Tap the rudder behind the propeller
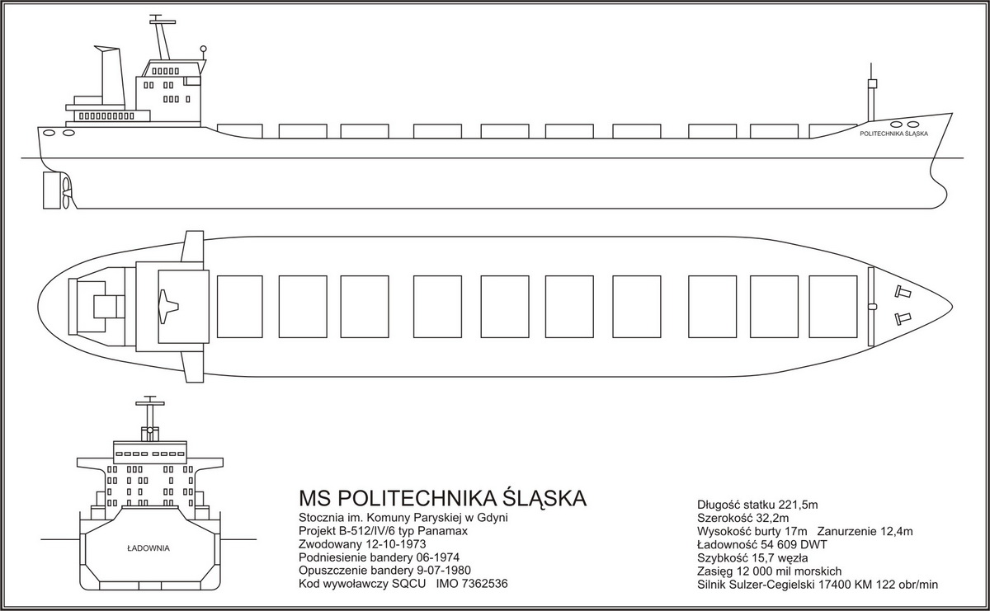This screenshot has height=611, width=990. click(52, 190)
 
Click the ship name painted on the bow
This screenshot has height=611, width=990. click(893, 134)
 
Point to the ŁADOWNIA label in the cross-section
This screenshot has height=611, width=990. click(148, 548)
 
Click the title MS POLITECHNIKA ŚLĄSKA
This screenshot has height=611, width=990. click(443, 498)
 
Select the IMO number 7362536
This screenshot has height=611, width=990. click(472, 584)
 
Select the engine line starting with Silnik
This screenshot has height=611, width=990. click(818, 585)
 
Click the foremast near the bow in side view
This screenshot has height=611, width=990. click(871, 98)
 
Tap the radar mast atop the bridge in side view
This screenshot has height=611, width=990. click(162, 38)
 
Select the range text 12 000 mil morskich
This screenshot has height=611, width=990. click(788, 571)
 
